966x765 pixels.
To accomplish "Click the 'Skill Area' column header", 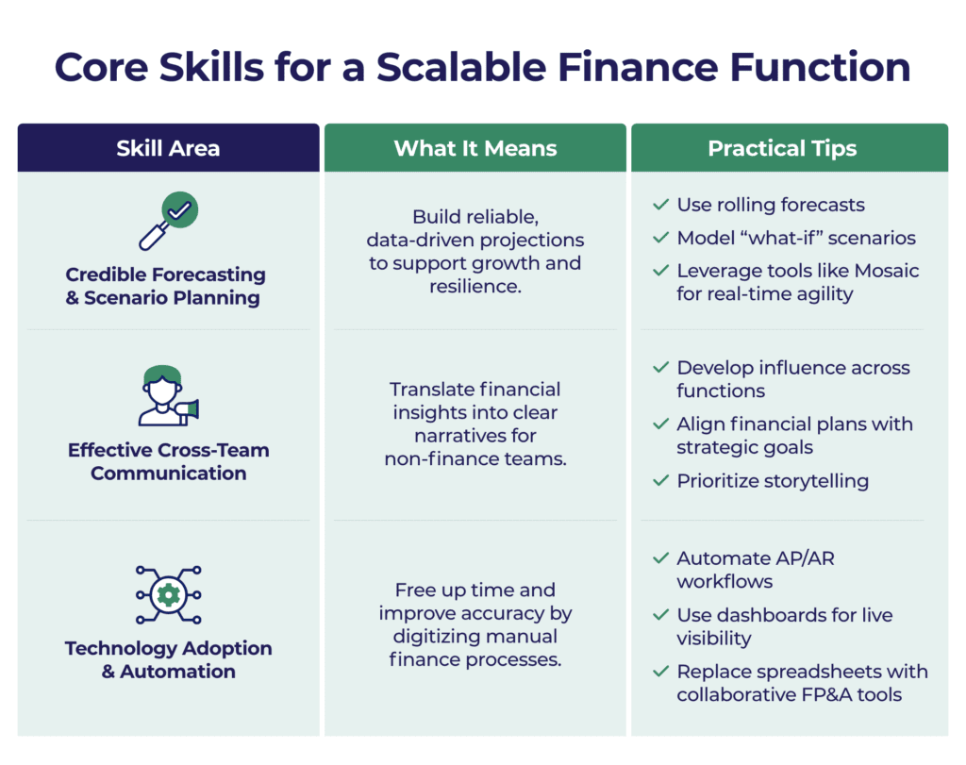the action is (168, 148).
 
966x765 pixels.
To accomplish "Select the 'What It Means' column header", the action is (475, 148).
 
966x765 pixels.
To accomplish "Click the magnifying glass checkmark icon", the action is (168, 221).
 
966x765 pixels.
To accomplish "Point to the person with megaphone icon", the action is (168, 395).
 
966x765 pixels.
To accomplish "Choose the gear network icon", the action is (168, 595).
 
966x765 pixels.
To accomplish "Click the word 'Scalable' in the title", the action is (460, 67).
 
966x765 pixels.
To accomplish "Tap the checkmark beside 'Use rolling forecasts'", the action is (661, 205).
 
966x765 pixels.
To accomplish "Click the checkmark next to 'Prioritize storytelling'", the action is (661, 480).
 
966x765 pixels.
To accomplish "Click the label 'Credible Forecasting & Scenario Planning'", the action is (165, 286).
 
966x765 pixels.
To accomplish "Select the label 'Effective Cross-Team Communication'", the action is (168, 461).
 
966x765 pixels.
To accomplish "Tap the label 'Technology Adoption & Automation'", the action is (168, 659).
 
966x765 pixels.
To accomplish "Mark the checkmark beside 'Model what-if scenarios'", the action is (661, 238).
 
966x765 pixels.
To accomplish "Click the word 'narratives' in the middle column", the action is (475, 436).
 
